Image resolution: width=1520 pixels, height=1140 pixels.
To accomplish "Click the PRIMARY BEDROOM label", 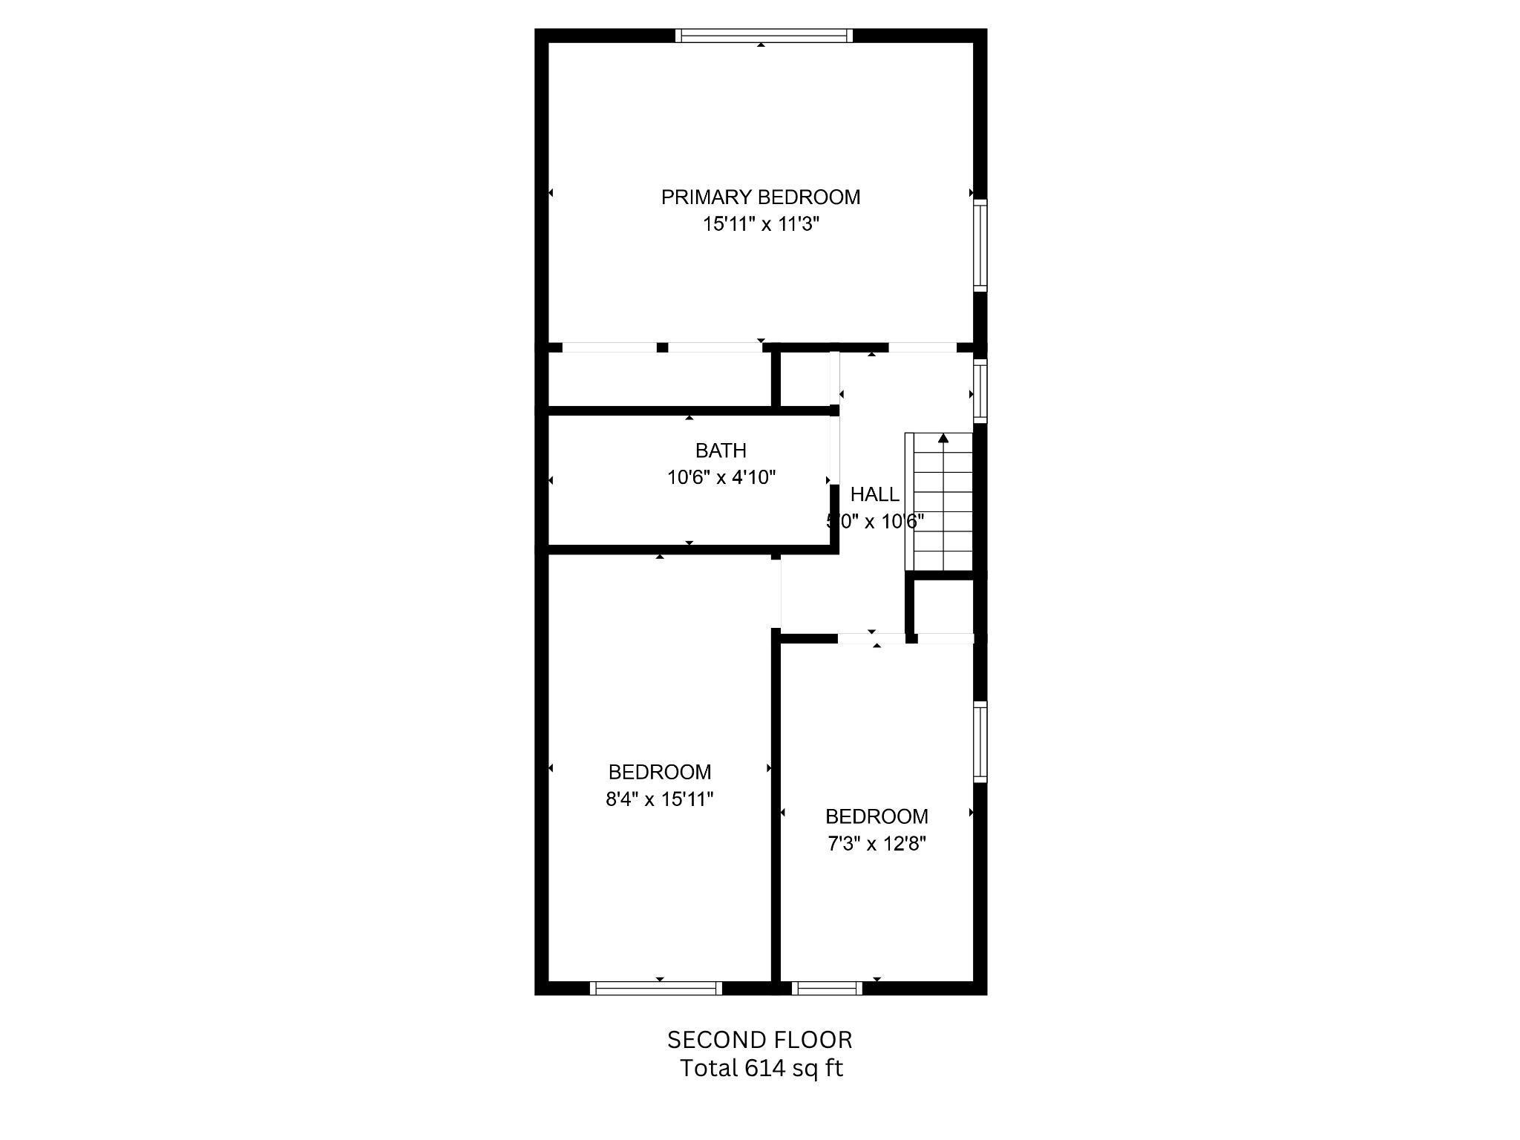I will [761, 197].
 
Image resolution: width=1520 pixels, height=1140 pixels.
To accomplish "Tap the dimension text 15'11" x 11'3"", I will [761, 224].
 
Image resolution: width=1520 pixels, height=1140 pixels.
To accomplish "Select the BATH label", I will [721, 451].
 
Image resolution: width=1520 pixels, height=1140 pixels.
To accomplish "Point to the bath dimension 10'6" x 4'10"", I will [721, 477].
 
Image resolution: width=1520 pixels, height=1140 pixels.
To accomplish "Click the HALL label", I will [874, 494].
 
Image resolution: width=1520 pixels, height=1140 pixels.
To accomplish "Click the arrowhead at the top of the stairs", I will [943, 439].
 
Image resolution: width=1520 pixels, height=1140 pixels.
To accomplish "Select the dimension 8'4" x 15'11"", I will [660, 799].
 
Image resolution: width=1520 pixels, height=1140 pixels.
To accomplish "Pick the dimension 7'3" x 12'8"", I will [877, 844].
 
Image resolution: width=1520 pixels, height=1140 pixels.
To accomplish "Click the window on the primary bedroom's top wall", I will [764, 36].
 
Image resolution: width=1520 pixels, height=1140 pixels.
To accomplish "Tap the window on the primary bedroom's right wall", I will [980, 245].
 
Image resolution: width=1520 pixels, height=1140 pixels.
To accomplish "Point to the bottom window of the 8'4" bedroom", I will [656, 988].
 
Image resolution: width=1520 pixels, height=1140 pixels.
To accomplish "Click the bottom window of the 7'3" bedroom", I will [827, 988].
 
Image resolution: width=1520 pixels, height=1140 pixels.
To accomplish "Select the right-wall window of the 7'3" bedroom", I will [980, 741].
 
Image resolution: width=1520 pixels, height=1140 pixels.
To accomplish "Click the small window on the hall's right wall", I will [980, 391].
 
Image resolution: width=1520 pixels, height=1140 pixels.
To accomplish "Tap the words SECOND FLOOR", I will [760, 1040].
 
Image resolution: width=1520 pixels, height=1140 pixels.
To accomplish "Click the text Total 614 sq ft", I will [761, 1068].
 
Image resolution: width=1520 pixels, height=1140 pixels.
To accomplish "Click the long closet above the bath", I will [659, 379].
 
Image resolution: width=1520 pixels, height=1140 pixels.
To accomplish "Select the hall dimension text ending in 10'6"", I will [875, 521].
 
